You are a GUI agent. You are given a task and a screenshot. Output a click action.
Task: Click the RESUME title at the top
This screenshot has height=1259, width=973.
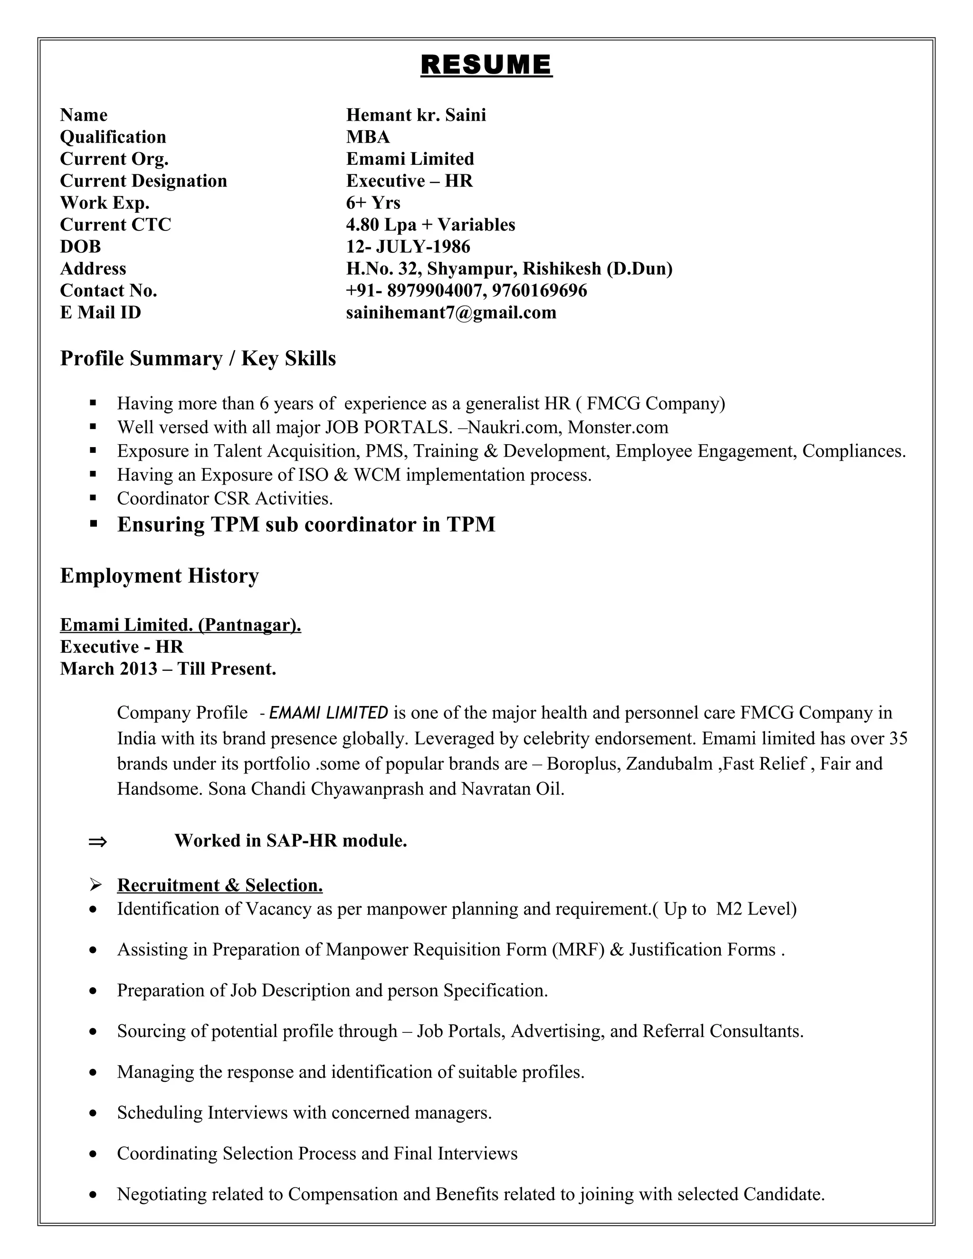point(486,65)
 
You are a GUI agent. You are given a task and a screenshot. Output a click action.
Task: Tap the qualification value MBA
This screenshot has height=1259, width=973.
point(368,137)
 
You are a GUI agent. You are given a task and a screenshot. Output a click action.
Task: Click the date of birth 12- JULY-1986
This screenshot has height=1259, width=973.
point(408,247)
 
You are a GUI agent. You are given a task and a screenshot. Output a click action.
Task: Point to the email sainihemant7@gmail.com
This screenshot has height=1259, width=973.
point(451,313)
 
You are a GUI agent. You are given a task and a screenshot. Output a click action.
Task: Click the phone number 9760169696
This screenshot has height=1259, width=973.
point(540,291)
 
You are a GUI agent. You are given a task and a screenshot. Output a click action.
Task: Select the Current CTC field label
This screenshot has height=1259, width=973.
point(115,225)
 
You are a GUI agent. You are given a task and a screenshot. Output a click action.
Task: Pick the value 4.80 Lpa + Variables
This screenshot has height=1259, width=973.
point(430,225)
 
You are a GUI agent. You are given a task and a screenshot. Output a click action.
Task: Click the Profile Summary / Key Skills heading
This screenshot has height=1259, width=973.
point(198,359)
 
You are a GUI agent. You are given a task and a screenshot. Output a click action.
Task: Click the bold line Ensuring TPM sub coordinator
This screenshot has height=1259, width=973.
point(306,525)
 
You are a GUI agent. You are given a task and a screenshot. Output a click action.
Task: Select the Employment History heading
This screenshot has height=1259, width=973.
point(159,575)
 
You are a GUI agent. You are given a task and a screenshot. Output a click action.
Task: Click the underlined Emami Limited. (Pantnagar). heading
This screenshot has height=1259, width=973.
point(181,625)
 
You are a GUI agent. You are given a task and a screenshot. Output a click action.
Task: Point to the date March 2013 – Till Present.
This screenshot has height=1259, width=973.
point(168,669)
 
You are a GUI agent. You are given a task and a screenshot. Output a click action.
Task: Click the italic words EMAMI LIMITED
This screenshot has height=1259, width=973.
point(329,713)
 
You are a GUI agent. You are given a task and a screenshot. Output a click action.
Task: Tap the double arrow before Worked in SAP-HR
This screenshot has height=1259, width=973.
point(97,842)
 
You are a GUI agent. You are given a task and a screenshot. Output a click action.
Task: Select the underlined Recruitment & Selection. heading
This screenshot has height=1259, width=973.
point(219,885)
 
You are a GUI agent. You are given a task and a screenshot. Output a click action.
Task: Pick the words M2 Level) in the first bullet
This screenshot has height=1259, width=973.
point(756,909)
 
